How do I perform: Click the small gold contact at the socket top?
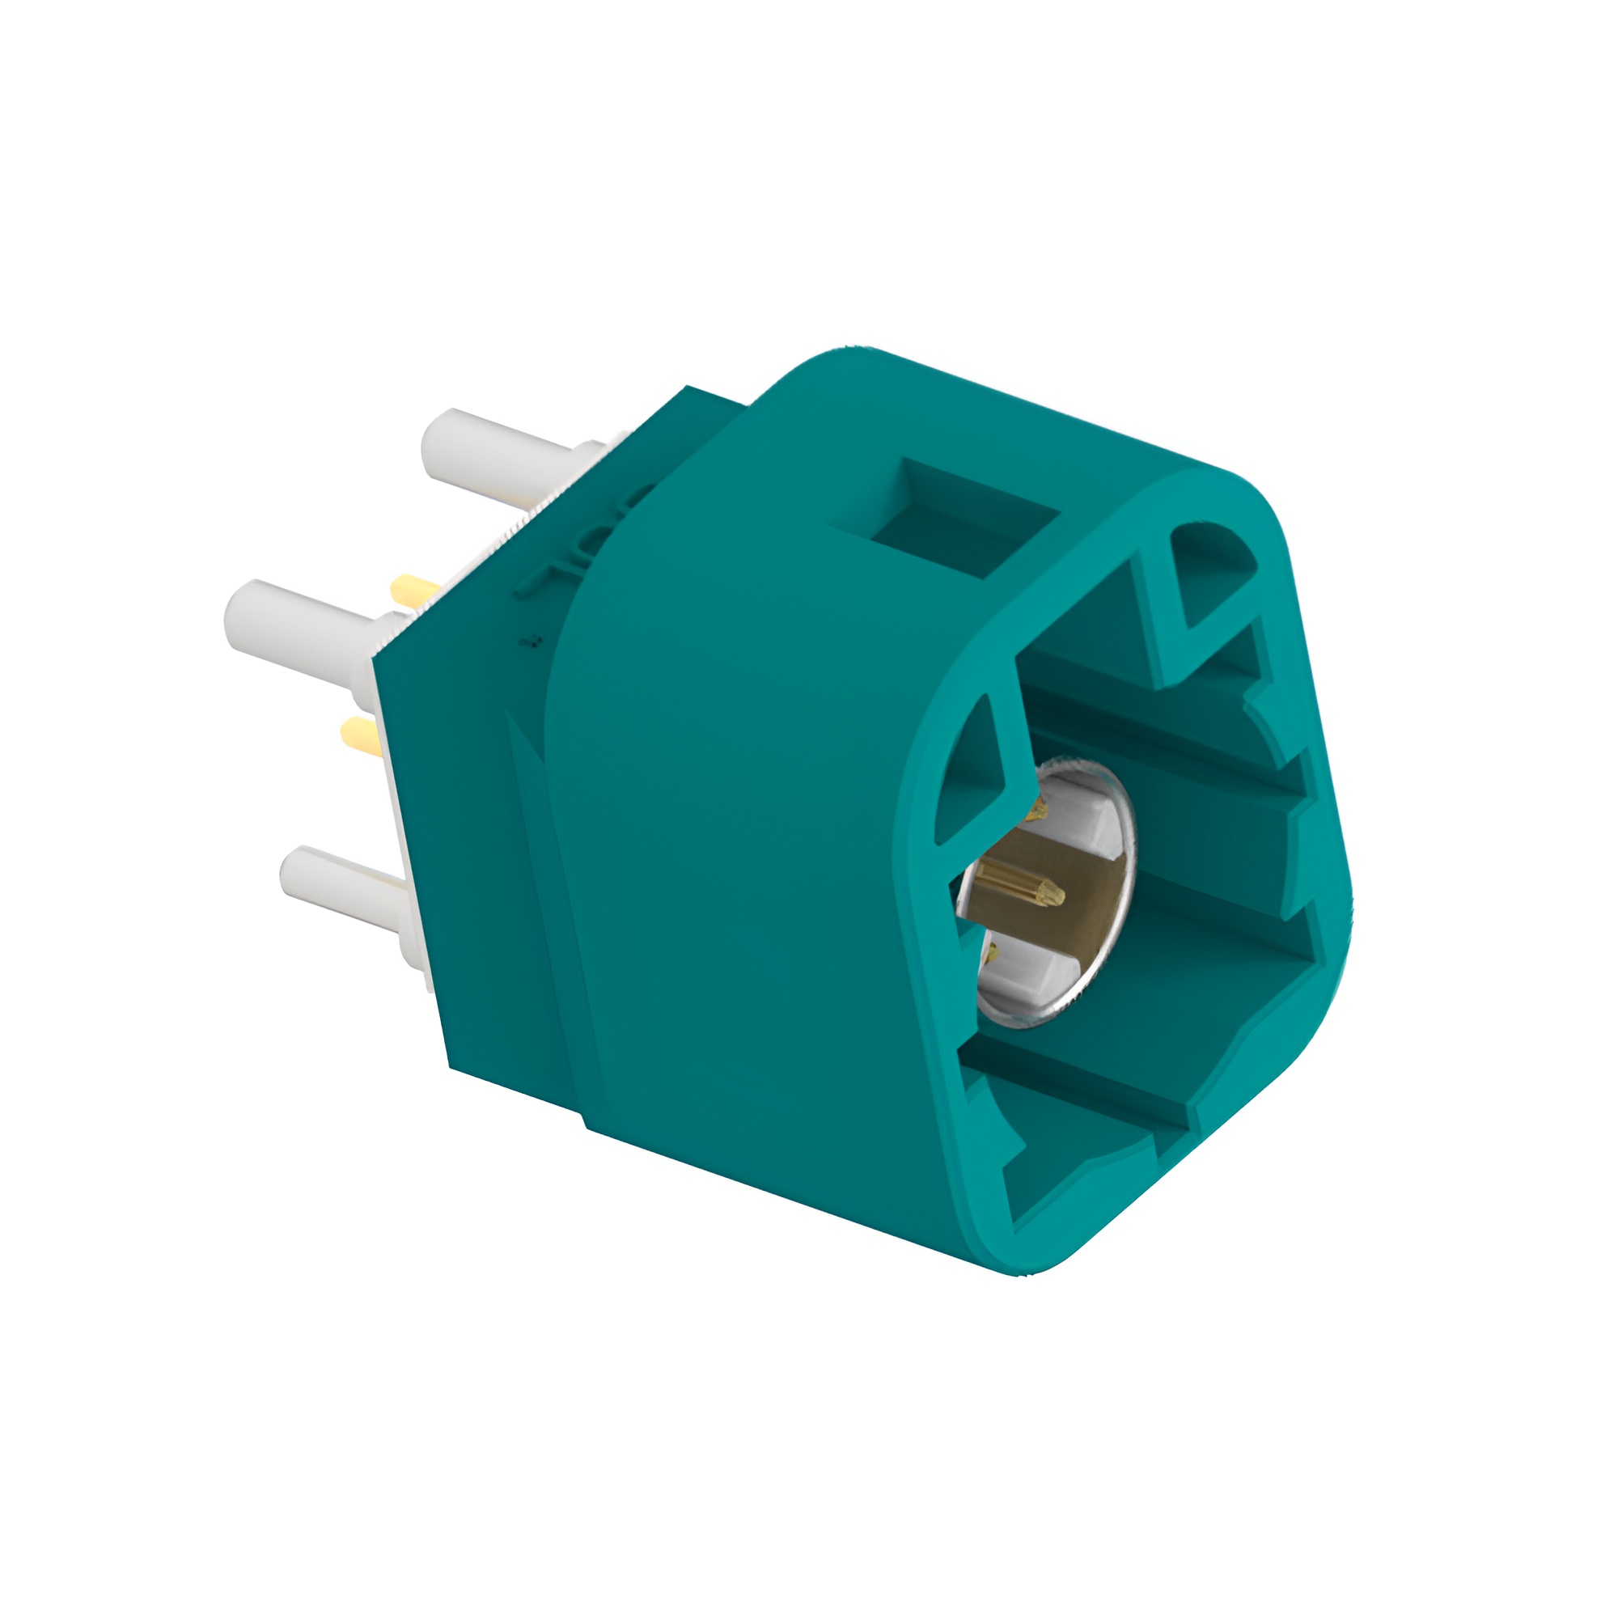tap(1039, 808)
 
